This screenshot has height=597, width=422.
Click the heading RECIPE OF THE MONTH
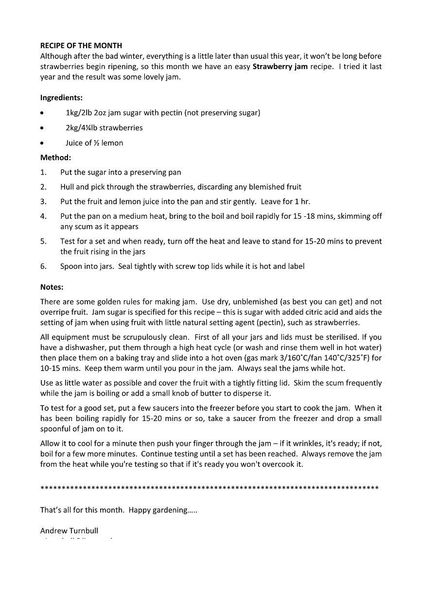coord(81,46)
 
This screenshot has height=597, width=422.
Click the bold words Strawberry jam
coord(280,67)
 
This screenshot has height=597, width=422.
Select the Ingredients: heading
coord(61,98)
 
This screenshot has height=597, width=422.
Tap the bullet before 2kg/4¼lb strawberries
coord(43,128)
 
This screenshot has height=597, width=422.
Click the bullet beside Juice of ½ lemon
coord(43,143)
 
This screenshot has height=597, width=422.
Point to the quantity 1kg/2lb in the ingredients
coord(81,113)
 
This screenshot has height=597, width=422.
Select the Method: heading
coord(55,158)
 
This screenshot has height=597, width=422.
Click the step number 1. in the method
coord(43,173)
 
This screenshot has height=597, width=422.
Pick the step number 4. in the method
coord(43,216)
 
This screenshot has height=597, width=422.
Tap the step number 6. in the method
coord(43,266)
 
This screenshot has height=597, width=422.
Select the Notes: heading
coord(52,287)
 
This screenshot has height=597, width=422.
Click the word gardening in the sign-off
coord(169,510)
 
